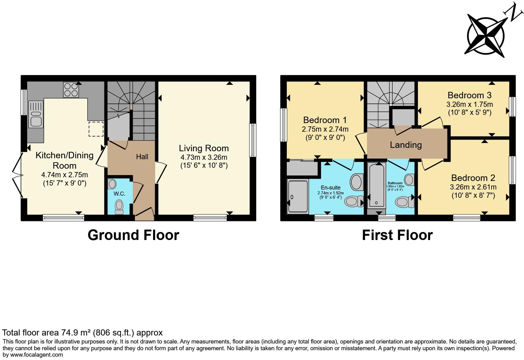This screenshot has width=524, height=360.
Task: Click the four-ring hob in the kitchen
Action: click(71, 90)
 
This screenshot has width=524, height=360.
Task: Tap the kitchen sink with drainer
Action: click(36, 114)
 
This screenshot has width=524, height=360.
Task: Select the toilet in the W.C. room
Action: click(119, 207)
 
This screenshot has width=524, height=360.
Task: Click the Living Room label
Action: click(204, 148)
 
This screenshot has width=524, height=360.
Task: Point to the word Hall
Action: click(142, 157)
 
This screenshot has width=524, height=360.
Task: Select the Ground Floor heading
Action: click(133, 235)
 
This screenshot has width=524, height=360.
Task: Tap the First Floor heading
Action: click(397, 235)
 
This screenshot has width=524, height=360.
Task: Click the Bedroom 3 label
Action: click(469, 95)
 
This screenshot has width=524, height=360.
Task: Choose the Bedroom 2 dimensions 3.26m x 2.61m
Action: click(473, 187)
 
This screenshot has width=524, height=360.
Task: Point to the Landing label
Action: click(406, 145)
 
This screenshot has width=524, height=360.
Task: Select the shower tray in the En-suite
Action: click(298, 197)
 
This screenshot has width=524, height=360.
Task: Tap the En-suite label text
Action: click(331, 188)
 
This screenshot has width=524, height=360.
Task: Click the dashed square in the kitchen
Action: click(95, 129)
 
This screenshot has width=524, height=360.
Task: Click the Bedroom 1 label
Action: click(325, 120)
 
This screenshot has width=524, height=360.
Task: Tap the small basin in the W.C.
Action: click(112, 184)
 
